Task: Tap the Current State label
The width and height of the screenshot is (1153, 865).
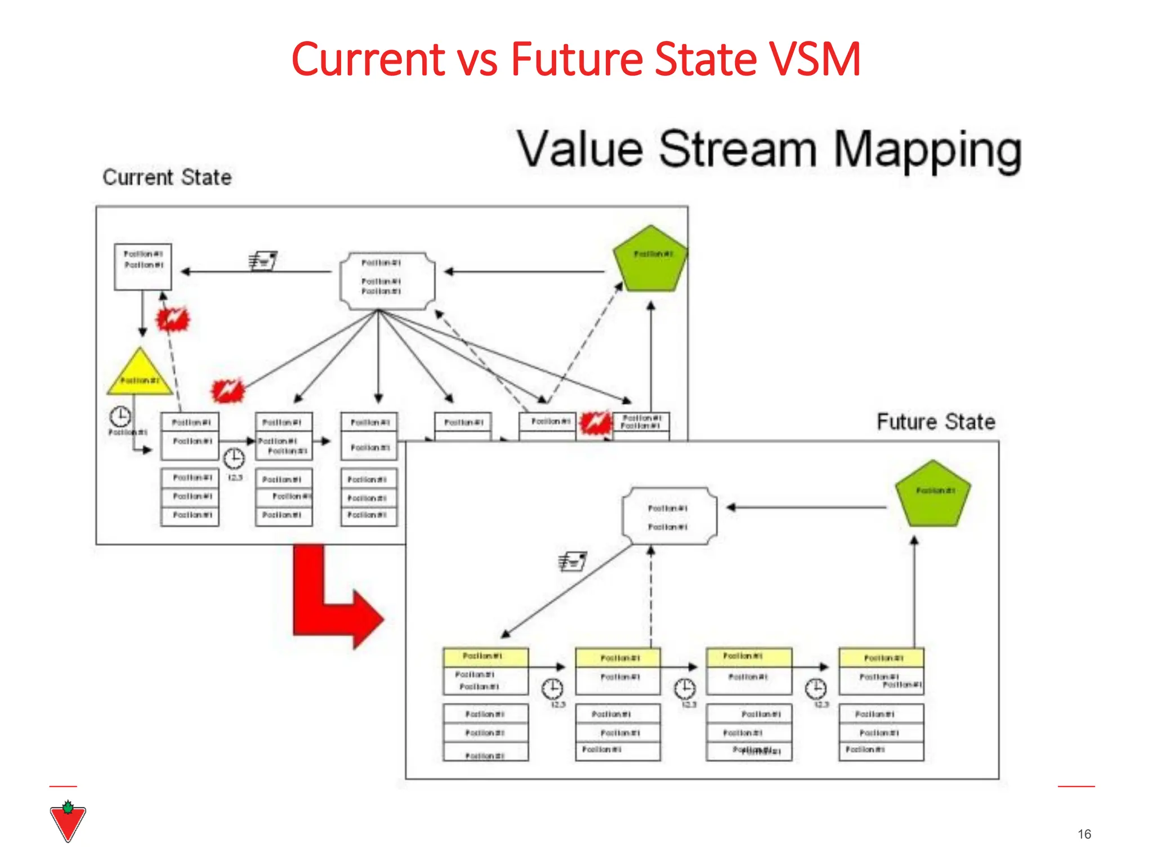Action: click(167, 177)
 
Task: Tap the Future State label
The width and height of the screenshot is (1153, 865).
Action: click(935, 422)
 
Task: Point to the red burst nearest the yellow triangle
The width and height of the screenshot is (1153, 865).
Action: click(173, 319)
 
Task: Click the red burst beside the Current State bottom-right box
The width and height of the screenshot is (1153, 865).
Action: click(595, 422)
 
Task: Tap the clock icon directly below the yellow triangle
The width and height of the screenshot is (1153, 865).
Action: click(120, 417)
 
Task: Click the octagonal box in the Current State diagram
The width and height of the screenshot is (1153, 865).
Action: click(387, 281)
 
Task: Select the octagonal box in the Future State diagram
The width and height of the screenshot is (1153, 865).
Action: click(669, 516)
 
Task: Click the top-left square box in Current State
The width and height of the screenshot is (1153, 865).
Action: click(142, 266)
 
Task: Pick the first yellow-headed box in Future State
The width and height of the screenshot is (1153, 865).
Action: click(485, 670)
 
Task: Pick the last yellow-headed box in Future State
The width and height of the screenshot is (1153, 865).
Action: click(881, 670)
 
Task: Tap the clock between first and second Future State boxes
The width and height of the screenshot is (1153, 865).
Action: click(552, 688)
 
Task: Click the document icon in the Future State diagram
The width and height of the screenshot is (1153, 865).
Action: click(573, 561)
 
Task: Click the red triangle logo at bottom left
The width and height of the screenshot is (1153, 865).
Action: click(68, 822)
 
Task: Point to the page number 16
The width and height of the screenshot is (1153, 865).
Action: click(1084, 834)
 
